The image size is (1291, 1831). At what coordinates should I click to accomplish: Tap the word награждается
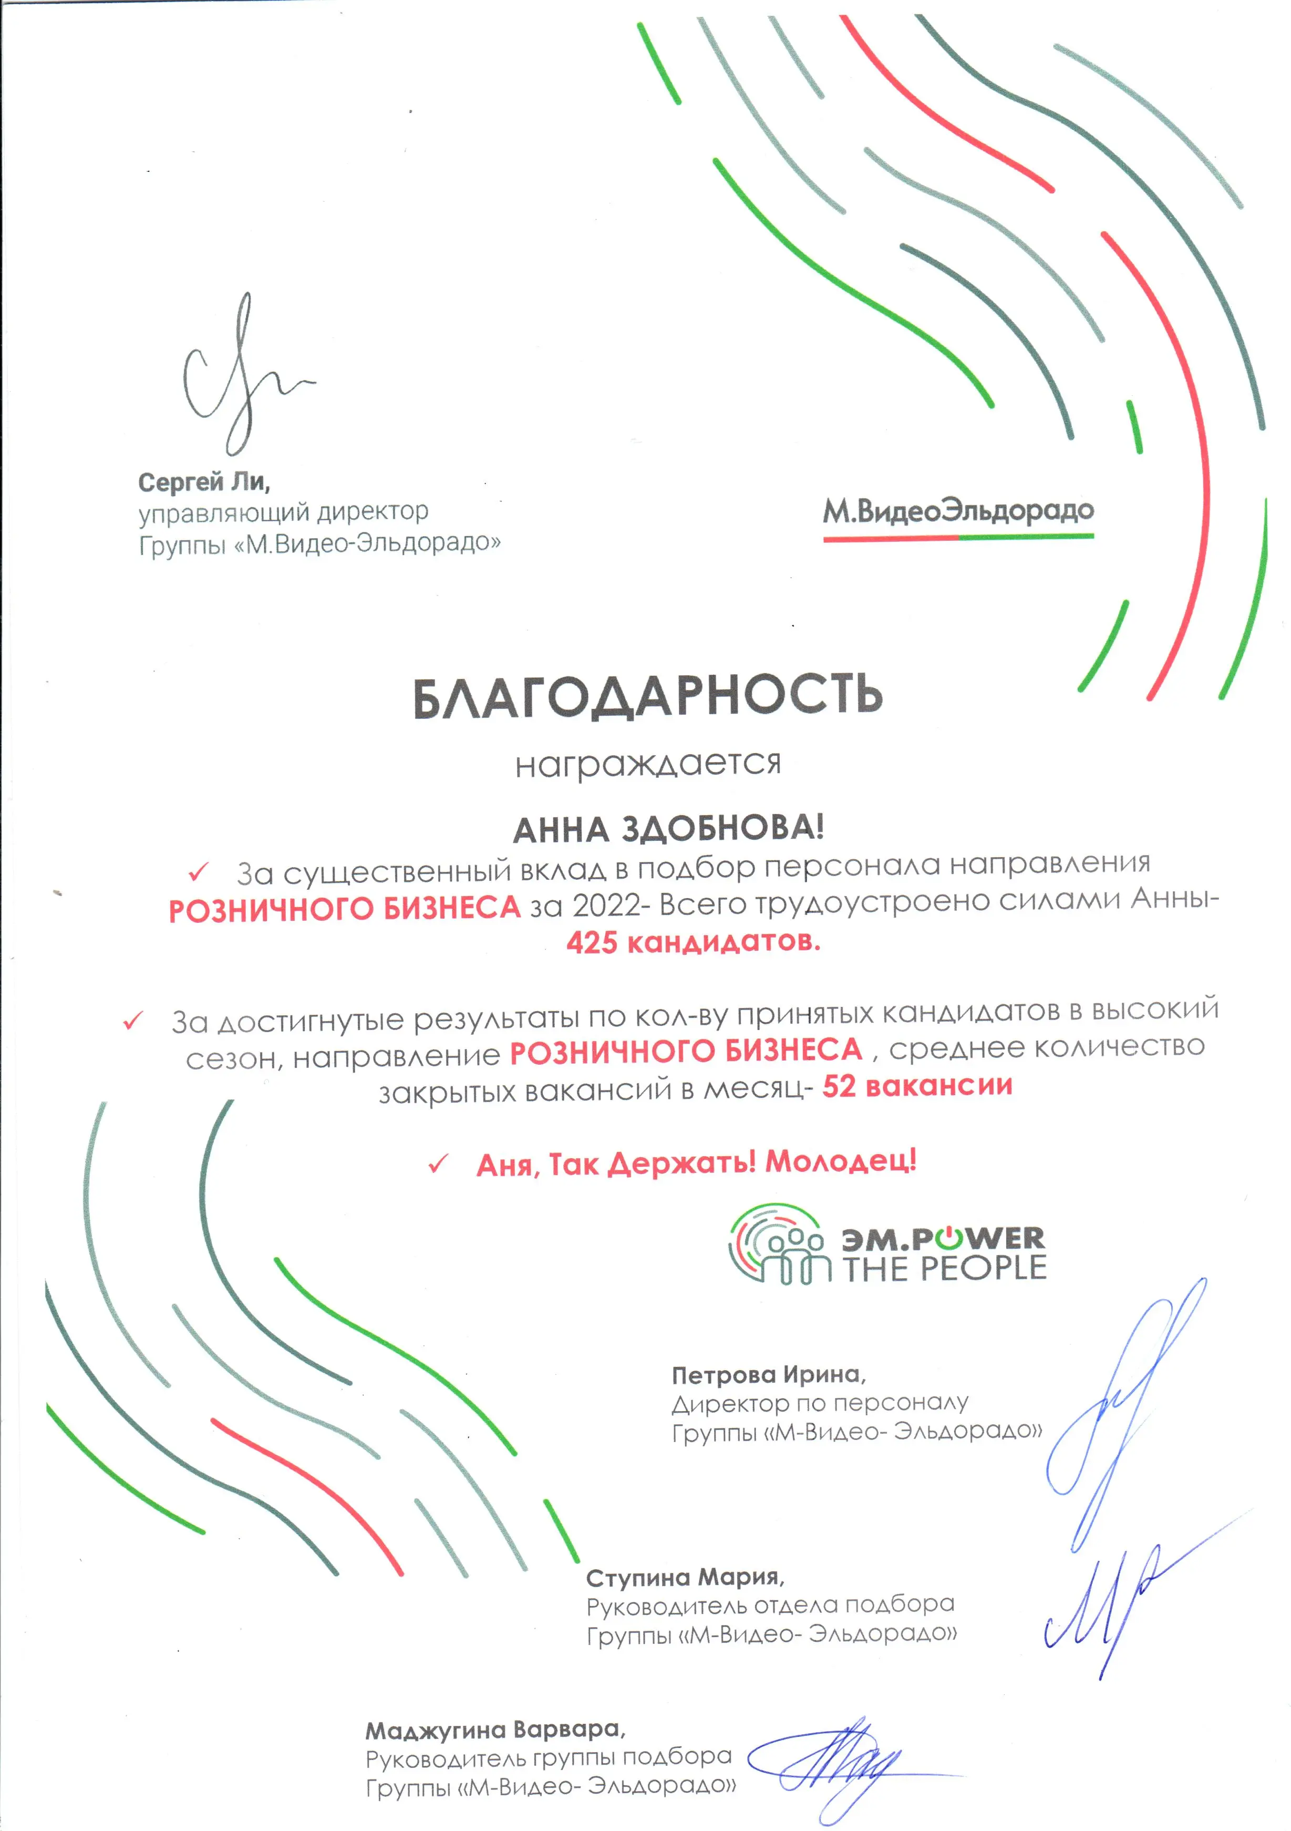[x=647, y=764]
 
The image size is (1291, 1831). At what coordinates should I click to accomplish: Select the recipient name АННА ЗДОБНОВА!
[x=668, y=829]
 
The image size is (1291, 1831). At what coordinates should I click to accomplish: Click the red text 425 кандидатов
[x=693, y=943]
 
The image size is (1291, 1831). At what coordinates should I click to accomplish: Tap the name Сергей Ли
[x=204, y=482]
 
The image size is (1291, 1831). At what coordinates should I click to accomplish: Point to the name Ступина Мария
[x=684, y=1577]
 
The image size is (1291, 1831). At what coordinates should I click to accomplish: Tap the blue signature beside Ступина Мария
[x=1117, y=1603]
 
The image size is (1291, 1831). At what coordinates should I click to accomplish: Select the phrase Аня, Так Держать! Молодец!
[x=696, y=1164]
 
